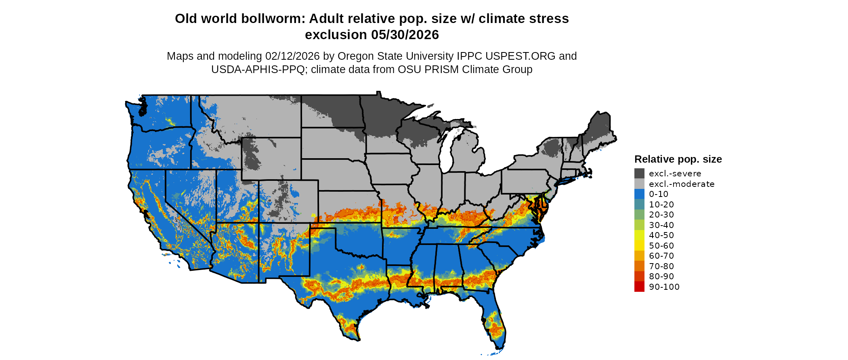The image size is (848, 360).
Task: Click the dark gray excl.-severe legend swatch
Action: (639, 174)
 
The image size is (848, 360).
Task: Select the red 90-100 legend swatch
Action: (639, 287)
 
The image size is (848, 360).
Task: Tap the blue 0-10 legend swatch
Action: (639, 194)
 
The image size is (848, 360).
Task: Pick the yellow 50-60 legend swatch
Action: (639, 245)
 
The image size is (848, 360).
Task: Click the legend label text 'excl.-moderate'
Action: (682, 184)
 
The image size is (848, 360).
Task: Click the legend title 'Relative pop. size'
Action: (678, 159)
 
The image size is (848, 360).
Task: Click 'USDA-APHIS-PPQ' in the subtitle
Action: (258, 69)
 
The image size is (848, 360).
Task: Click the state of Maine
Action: (598, 129)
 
